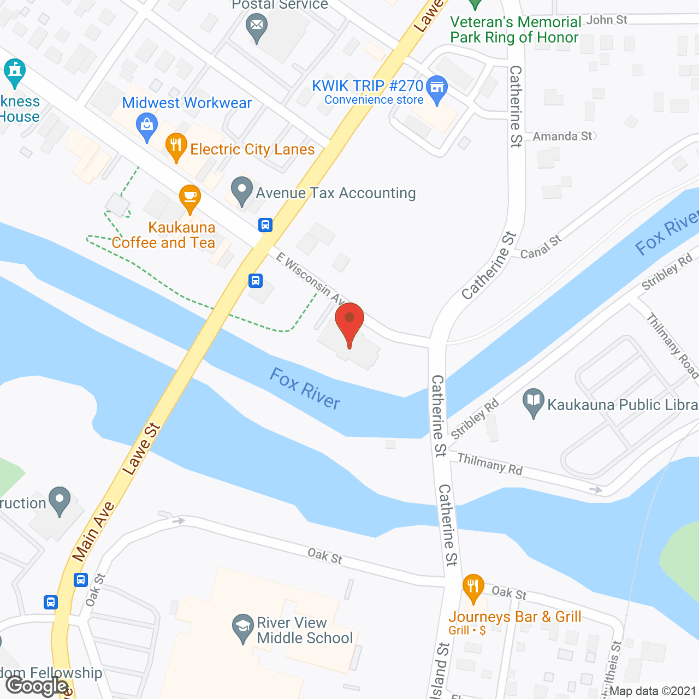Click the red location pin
click(349, 322)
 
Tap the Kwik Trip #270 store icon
click(436, 88)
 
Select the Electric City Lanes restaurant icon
click(176, 145)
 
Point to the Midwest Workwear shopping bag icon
click(146, 125)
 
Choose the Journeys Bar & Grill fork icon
click(473, 587)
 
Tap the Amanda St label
click(562, 137)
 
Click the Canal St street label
click(541, 247)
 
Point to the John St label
click(607, 20)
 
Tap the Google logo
click(37, 686)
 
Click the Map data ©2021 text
click(653, 691)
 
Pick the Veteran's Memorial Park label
click(515, 29)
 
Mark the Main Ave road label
click(93, 531)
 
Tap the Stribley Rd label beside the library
click(475, 419)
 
